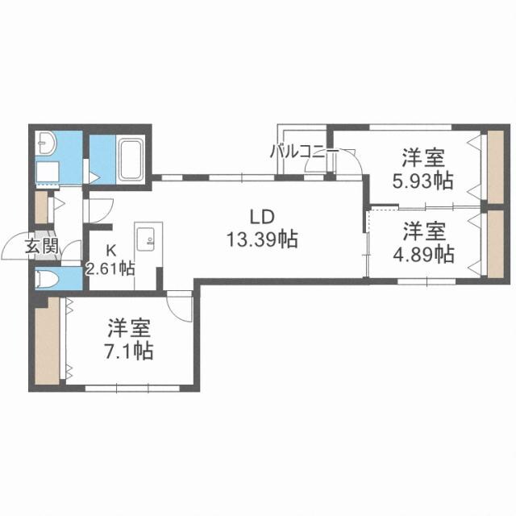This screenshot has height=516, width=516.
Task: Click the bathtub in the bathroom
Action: [x=130, y=160]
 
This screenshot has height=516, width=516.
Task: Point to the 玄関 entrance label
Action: [x=40, y=247]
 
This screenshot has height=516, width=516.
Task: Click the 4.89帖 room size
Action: [x=422, y=255]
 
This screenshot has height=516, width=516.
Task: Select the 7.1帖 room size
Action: [x=129, y=352]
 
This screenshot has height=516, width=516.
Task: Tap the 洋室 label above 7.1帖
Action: [x=130, y=329]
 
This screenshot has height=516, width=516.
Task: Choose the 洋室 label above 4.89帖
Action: [x=422, y=232]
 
